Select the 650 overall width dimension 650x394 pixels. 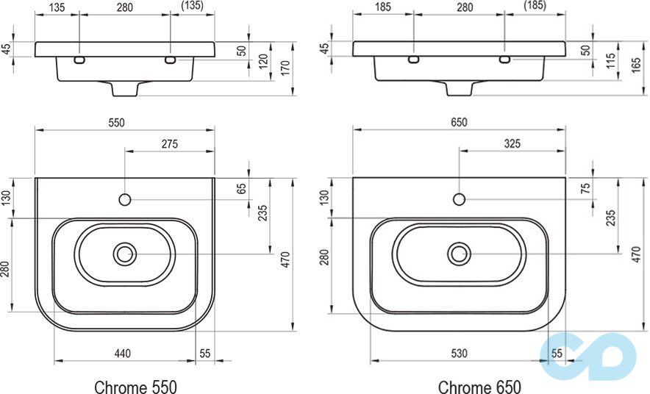coord(459,122)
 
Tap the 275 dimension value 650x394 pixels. coord(169,144)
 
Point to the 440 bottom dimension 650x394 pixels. coord(122,354)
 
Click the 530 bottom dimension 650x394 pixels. coord(459,354)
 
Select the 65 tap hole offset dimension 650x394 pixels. coord(240,189)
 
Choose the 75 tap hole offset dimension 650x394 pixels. coord(586,189)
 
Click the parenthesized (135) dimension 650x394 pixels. coord(192,7)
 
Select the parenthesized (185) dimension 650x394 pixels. coord(535,7)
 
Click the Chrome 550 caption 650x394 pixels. coord(135,386)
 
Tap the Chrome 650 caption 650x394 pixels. coord(479,386)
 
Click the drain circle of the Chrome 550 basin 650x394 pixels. coord(125,254)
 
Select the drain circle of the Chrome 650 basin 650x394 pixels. coord(460,254)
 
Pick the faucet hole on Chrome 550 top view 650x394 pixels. coord(125,199)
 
